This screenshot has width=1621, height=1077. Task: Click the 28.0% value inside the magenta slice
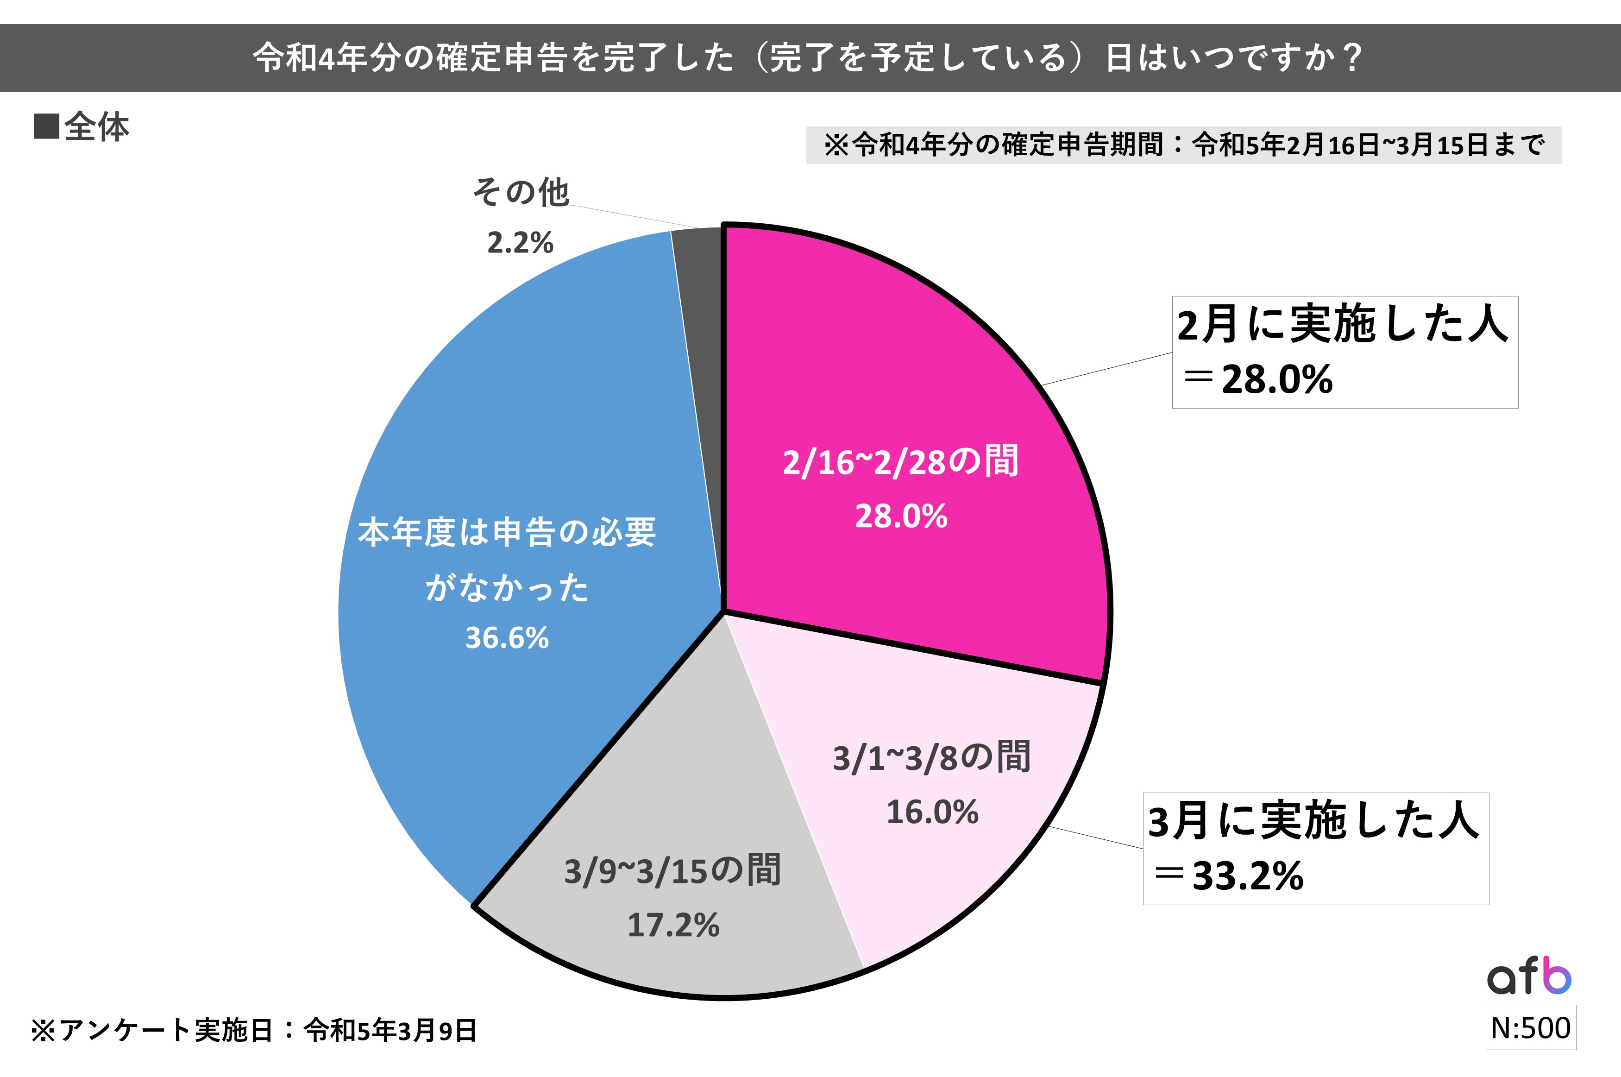point(901,516)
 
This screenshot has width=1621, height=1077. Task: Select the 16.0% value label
point(932,812)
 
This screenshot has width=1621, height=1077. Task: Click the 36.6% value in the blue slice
point(507,638)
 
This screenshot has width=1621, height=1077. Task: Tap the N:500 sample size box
point(1530,1027)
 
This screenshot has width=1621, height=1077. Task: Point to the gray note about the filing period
point(1184,145)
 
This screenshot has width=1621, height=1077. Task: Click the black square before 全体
point(46,127)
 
